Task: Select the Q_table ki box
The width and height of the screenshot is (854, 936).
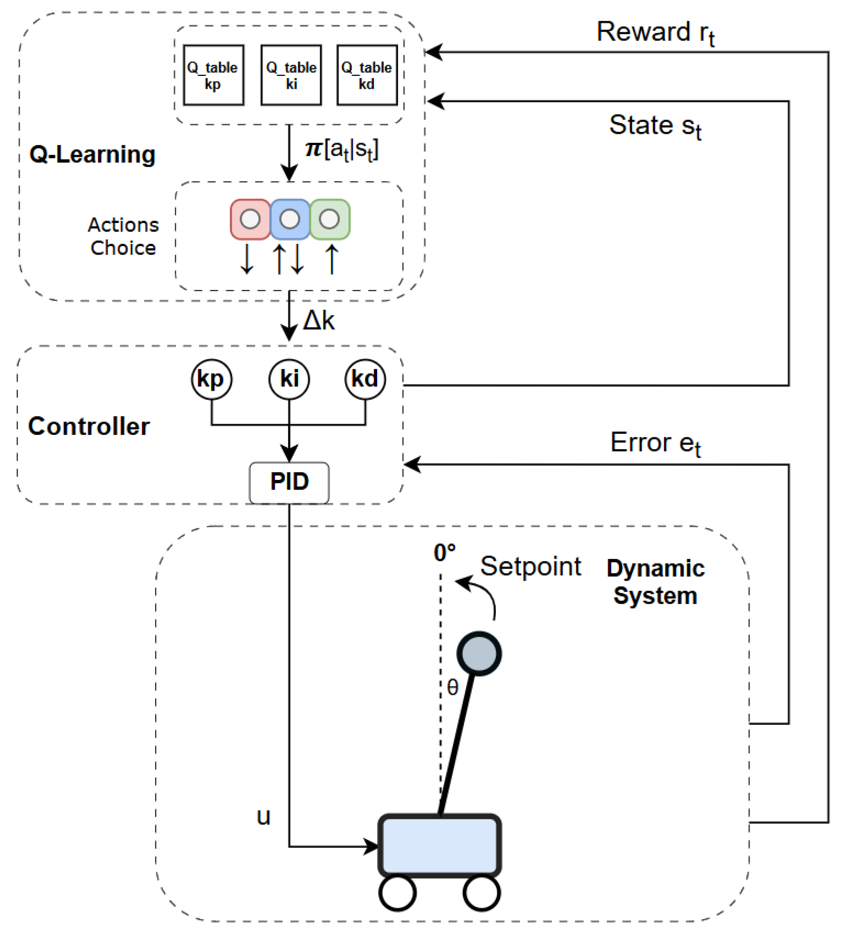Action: click(291, 75)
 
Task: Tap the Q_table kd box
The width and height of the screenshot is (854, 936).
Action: click(367, 75)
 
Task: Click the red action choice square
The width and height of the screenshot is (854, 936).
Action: click(250, 219)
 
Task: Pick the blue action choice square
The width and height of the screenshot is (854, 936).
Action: click(290, 219)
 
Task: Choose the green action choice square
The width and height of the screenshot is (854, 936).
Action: click(330, 219)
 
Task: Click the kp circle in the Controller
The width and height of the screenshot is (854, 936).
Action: click(211, 379)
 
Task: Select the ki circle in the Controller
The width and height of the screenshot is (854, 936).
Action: click(289, 379)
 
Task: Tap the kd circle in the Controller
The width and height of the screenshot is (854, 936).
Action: click(365, 379)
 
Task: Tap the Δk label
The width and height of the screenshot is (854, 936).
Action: click(319, 320)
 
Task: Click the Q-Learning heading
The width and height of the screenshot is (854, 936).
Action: click(92, 154)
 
